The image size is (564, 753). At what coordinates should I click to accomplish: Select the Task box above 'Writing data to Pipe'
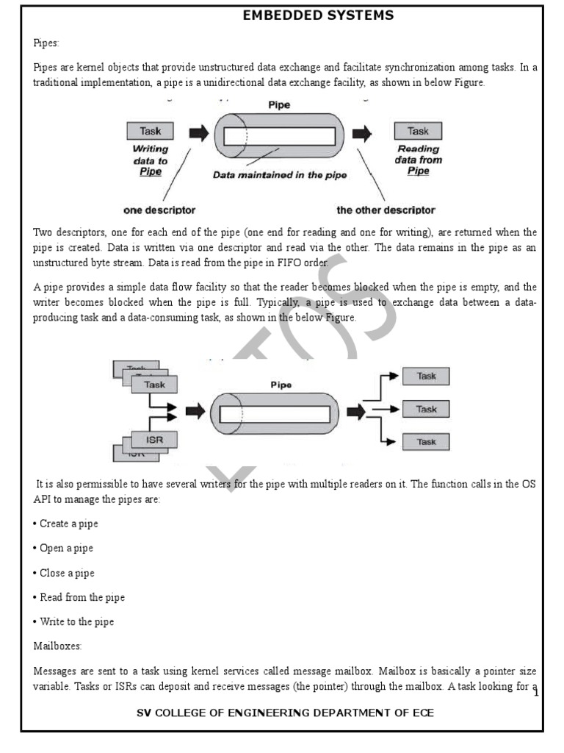151,132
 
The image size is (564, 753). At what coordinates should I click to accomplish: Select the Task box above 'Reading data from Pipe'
418,132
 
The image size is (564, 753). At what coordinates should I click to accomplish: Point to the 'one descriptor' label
159,210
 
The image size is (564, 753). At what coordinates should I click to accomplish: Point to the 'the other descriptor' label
386,210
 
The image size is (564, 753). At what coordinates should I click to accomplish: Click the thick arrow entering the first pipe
198,134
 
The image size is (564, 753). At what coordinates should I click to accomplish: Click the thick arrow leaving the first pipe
362,134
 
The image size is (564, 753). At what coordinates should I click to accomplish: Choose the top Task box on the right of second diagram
426,376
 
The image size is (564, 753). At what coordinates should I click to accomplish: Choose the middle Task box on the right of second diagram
426,409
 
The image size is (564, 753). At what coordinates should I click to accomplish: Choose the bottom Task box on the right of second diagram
426,442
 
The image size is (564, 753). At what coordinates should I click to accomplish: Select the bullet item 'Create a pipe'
66,524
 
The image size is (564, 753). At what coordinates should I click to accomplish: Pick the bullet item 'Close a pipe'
65,573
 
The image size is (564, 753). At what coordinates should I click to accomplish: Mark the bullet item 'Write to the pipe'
74,621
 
